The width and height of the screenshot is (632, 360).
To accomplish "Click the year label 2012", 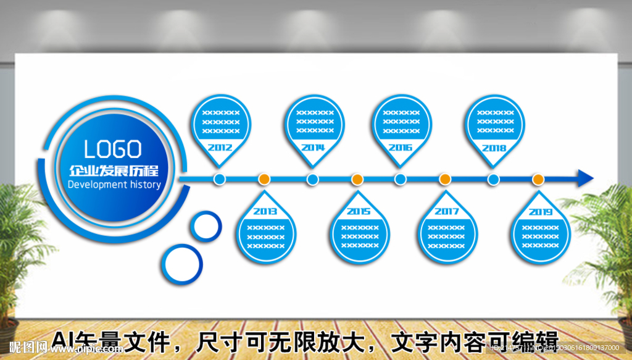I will (220, 148).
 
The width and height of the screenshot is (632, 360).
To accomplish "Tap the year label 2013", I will (265, 211).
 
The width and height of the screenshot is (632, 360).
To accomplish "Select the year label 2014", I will (313, 148).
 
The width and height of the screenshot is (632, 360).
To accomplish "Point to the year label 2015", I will (359, 211).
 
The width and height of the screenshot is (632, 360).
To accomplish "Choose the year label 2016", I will (401, 148).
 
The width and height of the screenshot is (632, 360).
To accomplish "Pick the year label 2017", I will (446, 211).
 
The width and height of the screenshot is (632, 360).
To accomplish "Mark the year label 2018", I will (494, 148).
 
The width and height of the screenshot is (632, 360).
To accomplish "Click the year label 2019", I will (540, 212).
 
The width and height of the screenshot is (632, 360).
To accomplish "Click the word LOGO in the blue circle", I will (113, 149).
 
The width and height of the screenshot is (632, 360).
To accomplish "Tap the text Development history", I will (114, 185).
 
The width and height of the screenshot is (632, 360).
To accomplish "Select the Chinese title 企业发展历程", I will (114, 169).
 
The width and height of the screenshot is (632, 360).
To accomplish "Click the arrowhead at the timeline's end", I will (584, 178).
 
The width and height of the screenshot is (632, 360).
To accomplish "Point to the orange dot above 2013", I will (264, 179).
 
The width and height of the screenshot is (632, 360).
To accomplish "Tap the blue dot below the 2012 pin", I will (220, 179).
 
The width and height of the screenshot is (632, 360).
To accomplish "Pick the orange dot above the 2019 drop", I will (538, 179).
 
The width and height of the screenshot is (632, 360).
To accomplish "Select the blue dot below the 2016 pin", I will (401, 179).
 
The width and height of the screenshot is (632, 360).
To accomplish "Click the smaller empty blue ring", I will (206, 226).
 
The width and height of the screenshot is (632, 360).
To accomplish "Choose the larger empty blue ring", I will (183, 264).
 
